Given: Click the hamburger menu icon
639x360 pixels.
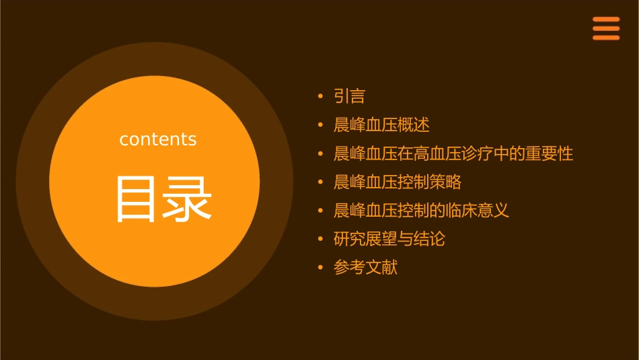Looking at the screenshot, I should pos(606,28).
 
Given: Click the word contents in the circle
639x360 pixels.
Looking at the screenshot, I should pos(158,139).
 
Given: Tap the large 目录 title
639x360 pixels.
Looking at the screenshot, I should pos(164,199).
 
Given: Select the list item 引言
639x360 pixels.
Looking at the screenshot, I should pos(349,96).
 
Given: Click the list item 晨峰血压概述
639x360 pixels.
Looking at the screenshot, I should pos(381,125).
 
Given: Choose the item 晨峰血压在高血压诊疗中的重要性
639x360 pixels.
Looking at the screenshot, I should pos(453,153).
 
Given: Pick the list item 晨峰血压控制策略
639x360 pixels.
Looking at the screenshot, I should pos(398,182).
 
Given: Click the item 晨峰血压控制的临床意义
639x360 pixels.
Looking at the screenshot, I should pos(421,211).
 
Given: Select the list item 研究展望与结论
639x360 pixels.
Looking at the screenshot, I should pos(389,239).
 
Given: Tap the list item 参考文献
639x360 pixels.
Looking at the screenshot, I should pos(365,268).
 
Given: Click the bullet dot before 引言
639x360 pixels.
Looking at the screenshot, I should pos(320,97).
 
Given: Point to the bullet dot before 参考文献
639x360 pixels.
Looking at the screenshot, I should pos(320,268).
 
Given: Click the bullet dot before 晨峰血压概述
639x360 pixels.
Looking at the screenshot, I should pos(320,125).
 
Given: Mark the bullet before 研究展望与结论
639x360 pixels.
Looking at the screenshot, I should pos(320,240).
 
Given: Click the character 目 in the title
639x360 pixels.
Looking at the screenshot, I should pos(137,199).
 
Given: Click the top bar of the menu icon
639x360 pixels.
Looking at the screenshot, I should pos(606,19).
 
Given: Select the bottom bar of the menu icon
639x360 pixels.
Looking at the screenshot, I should pos(606,38).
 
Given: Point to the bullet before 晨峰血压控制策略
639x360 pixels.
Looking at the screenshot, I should pos(320,182).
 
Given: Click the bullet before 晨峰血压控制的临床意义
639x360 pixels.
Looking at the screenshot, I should pos(320,211).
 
